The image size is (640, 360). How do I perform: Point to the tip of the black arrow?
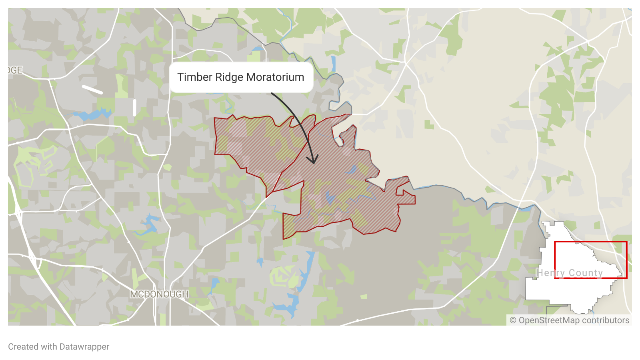point(314,163)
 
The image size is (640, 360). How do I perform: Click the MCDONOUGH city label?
point(159,294)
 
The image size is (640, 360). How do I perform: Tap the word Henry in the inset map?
point(551,273)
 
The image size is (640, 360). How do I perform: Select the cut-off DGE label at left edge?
point(15,70)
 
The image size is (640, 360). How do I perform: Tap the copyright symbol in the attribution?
point(513,320)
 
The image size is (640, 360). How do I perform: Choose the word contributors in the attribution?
point(606,320)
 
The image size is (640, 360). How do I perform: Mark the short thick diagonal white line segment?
point(92,89)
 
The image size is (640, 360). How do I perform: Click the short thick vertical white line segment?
point(134,108)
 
